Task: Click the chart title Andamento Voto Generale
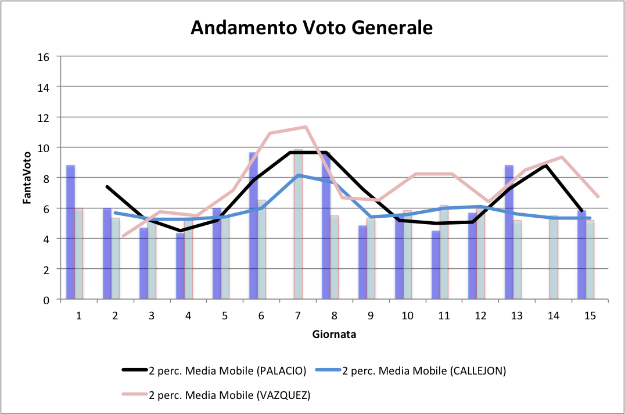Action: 312,28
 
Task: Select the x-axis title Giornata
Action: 334,334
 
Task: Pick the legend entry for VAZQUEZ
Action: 216,395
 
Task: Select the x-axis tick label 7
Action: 297,315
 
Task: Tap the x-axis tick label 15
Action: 590,315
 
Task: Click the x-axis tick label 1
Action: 78,315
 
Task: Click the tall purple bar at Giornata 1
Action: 70,232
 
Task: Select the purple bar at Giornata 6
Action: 253,226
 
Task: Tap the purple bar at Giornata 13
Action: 509,232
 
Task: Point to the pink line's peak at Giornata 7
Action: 306,127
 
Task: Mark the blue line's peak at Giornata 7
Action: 298,175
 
